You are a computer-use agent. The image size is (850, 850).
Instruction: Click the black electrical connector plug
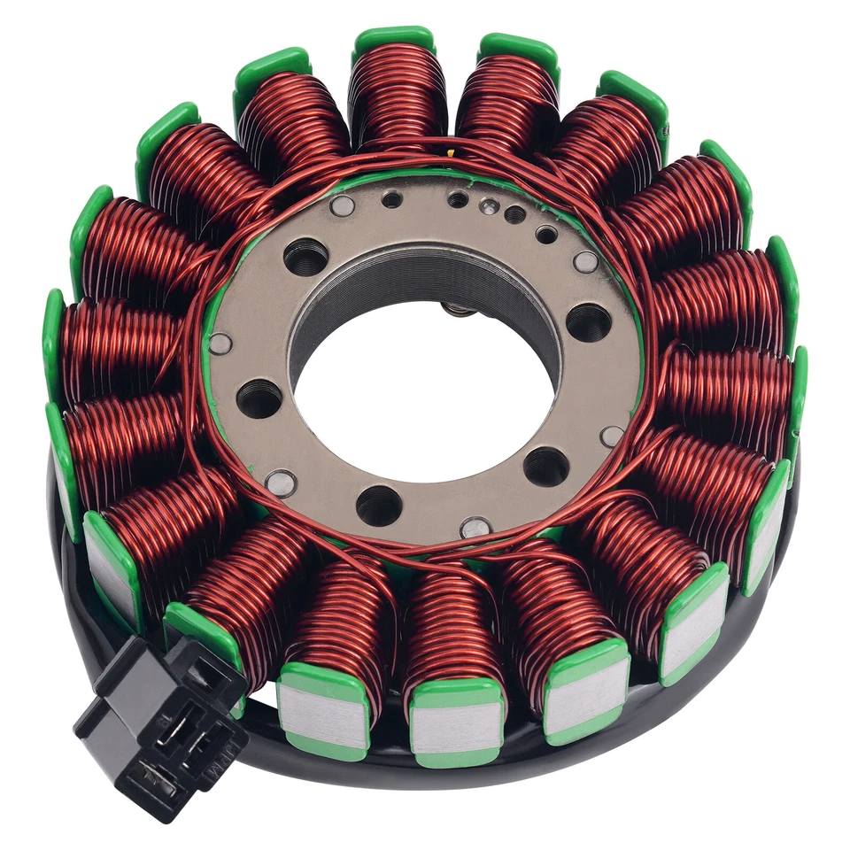159,717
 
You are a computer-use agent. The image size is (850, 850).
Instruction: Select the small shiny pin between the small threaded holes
487,206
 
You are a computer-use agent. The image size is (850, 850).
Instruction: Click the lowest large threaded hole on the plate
379,506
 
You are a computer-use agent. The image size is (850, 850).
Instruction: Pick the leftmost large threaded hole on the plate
259,398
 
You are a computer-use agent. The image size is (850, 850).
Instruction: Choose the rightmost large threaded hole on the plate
588,321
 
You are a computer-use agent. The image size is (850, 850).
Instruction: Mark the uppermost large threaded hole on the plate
305,258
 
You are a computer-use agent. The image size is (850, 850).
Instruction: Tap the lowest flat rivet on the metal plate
475,528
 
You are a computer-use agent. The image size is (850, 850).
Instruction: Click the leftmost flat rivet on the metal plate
219,344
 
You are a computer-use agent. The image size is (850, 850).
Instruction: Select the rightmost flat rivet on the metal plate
612,436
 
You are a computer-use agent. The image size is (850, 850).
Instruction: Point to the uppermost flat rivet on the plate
342,206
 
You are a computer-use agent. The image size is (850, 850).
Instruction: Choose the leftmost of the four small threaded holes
392,199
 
